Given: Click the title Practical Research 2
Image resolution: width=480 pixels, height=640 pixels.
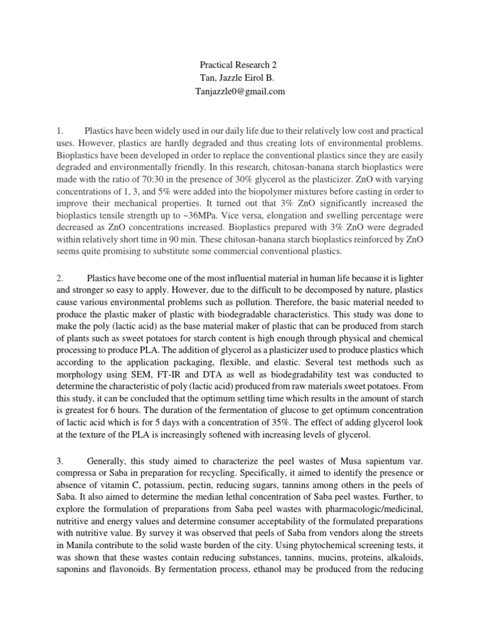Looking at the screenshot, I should click(240, 64).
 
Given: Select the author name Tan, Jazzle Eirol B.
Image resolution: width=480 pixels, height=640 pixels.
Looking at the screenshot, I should click(240, 77).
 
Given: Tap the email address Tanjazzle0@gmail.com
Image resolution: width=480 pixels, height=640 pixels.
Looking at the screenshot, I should click(240, 91).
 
